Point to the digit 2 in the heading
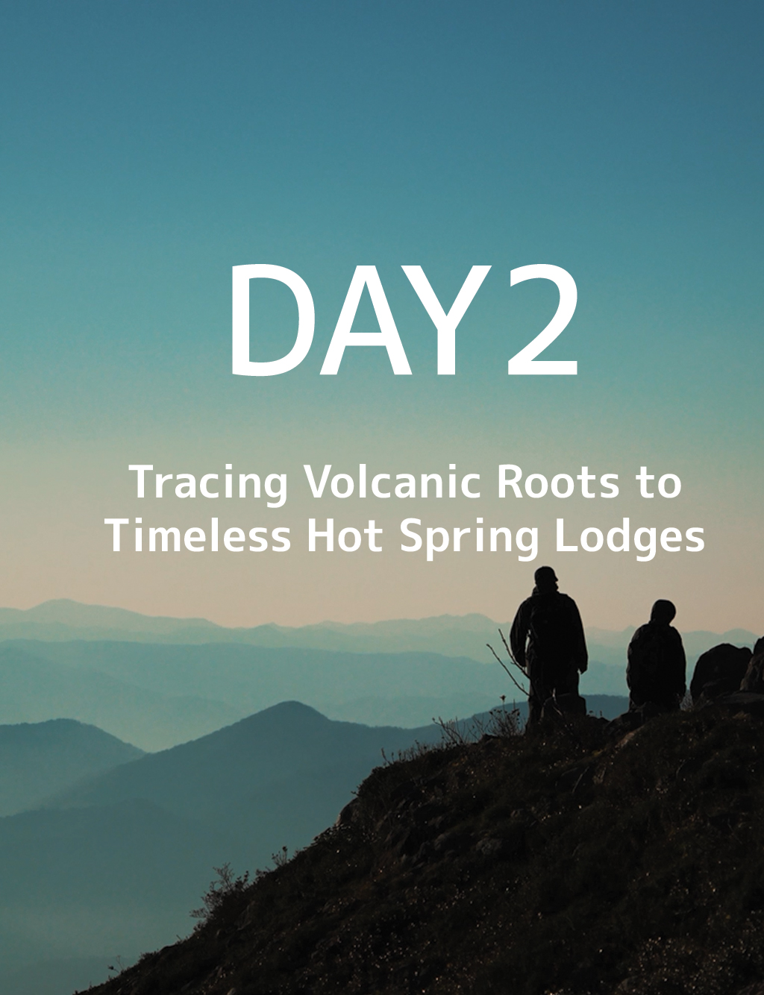pyautogui.click(x=540, y=320)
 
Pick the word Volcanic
pyautogui.click(x=395, y=483)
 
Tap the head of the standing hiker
pyautogui.click(x=546, y=580)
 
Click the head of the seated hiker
pyautogui.click(x=663, y=612)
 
